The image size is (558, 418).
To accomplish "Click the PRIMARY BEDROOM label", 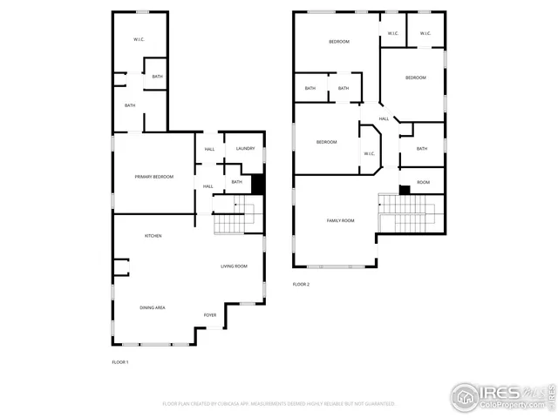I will point(153,177).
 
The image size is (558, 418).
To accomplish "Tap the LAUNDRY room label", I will point(245,149).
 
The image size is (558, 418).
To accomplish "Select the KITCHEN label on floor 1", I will point(153,236).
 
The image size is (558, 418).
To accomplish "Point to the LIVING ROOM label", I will point(234,266).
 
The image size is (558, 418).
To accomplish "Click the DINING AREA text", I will point(153,307).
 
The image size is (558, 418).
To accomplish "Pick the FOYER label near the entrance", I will point(210,314).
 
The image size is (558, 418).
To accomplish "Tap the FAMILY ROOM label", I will point(340,221).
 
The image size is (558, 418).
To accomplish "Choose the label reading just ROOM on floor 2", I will point(423,182).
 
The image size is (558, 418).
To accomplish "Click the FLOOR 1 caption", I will point(120,361).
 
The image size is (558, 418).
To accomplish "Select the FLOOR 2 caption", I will point(301,284).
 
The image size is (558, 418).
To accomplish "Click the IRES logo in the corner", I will point(501,396).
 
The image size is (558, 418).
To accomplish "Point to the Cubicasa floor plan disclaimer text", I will point(279,404).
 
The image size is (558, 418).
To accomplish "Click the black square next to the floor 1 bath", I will point(257,185).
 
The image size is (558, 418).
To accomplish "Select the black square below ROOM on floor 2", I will point(405,190).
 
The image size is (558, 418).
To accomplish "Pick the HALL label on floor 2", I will point(384,119).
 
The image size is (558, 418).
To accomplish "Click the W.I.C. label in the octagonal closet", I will point(369,154).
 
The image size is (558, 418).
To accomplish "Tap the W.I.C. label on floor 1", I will point(139,40).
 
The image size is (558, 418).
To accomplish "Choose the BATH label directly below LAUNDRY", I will point(236,182).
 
